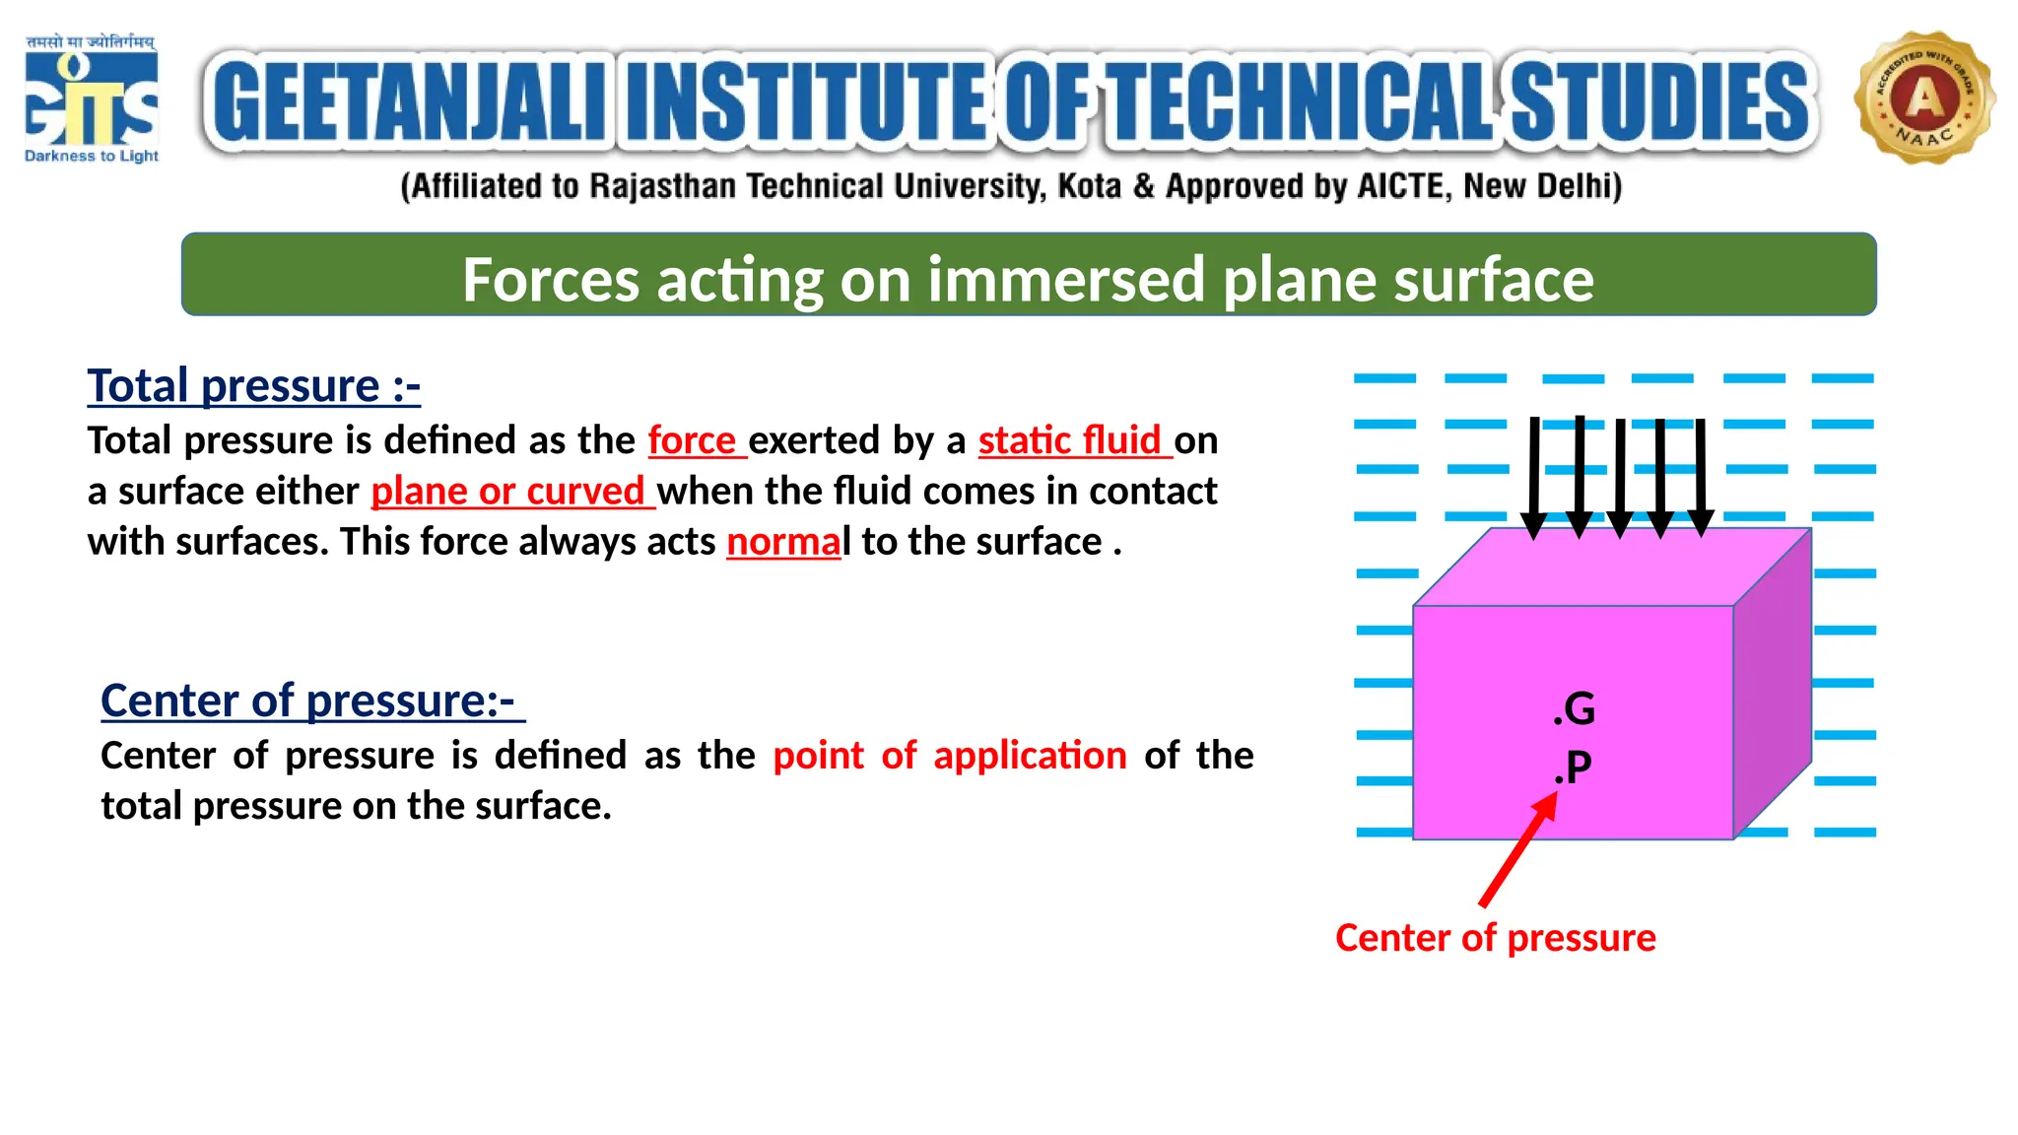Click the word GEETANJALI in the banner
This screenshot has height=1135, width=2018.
point(409,102)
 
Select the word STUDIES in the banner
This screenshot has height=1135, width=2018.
point(1660,102)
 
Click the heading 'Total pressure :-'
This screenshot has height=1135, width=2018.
point(253,385)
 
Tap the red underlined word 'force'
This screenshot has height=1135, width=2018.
point(693,439)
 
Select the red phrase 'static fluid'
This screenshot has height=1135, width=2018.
point(1070,439)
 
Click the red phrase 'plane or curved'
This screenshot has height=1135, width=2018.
point(508,491)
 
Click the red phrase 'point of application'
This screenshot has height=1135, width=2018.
point(949,756)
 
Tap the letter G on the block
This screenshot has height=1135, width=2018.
point(1580,708)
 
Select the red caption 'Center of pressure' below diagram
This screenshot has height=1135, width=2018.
point(1495,938)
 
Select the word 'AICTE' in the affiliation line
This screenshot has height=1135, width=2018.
point(1402,186)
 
